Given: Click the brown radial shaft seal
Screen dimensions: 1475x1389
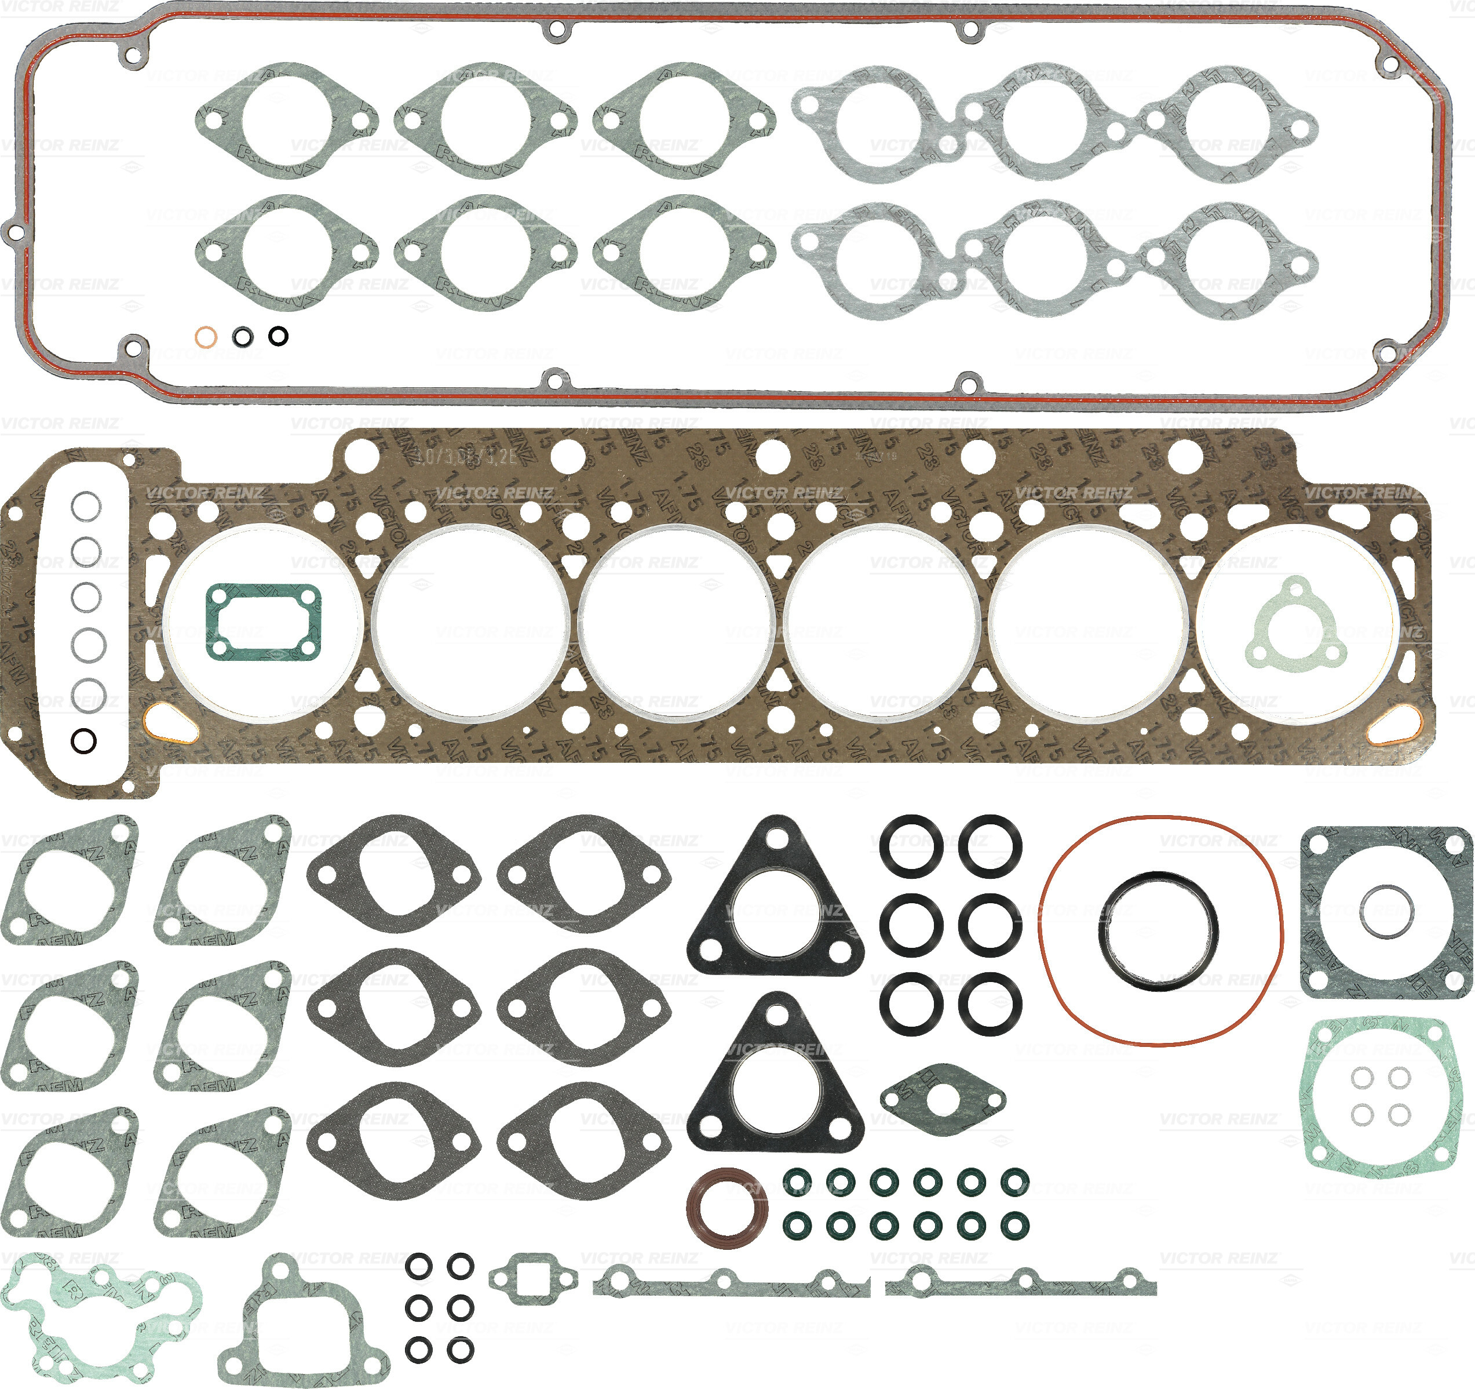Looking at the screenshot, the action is point(728,1208).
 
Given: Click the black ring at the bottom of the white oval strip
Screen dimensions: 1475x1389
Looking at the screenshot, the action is point(84,740).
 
